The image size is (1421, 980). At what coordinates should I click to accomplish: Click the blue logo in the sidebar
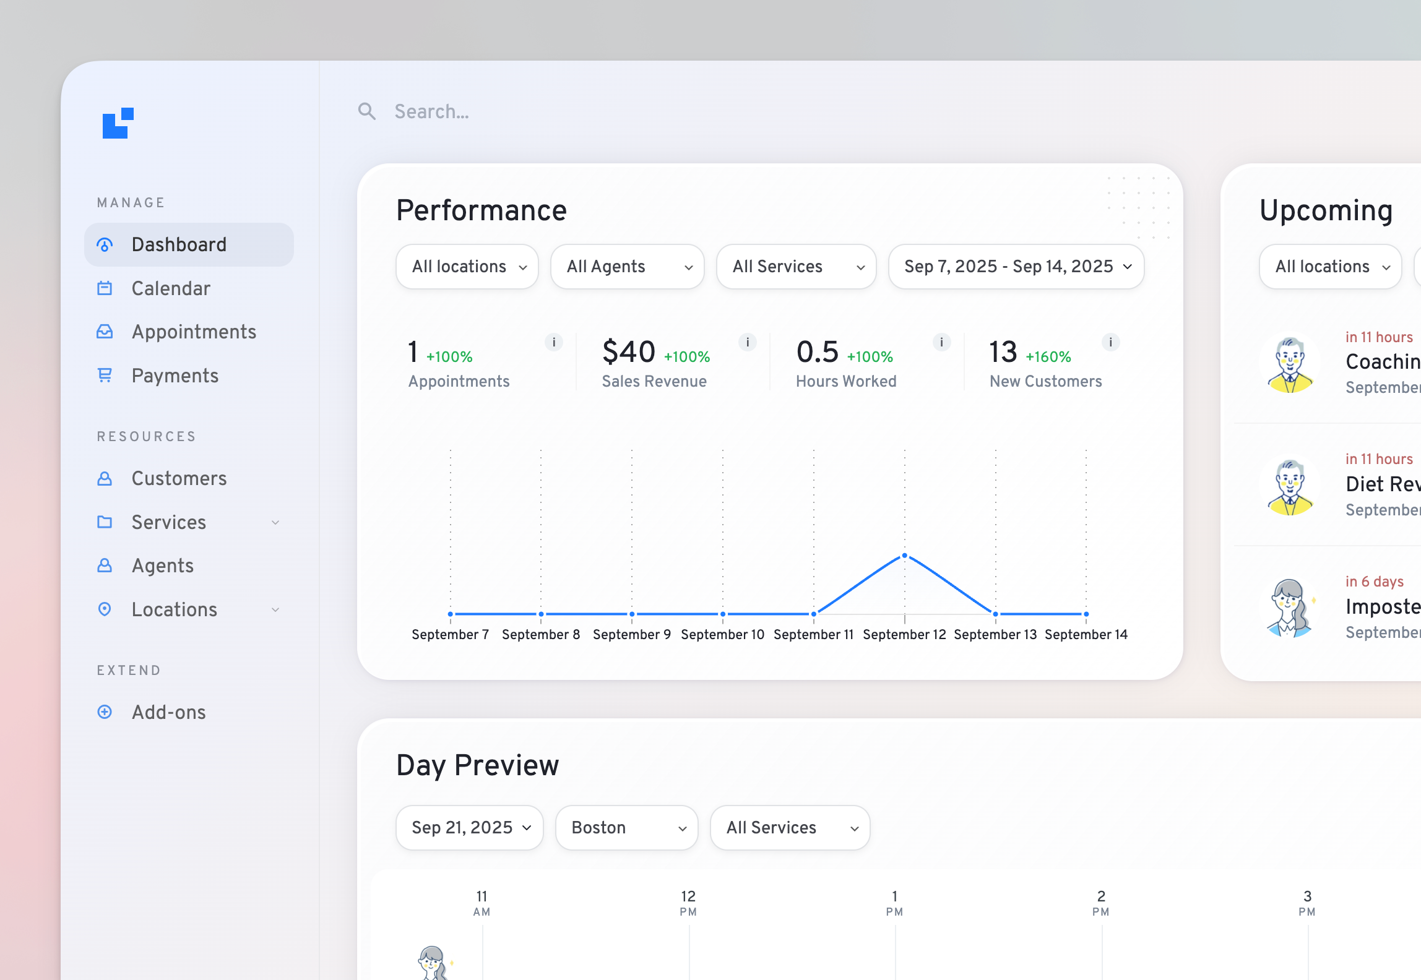[118, 123]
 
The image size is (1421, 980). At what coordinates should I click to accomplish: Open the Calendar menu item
[171, 288]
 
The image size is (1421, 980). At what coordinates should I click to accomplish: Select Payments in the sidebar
[175, 376]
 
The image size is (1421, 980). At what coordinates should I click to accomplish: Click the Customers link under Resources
[179, 478]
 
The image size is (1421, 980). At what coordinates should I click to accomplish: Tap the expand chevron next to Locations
[275, 609]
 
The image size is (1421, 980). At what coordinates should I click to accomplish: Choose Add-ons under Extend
[168, 712]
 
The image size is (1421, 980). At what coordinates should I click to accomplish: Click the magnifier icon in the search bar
[367, 111]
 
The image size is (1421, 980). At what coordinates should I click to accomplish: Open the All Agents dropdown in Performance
[627, 267]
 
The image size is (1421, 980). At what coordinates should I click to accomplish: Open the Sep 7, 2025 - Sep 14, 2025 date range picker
[1016, 267]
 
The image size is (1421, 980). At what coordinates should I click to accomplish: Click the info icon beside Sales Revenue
[748, 342]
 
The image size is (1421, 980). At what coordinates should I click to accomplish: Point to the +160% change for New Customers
[1048, 357]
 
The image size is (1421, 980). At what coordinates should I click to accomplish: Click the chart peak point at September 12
[904, 556]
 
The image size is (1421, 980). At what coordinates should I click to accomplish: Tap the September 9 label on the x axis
[631, 634]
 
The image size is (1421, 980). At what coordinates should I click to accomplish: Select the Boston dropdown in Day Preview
[626, 828]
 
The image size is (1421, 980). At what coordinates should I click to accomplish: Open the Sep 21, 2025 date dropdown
[470, 828]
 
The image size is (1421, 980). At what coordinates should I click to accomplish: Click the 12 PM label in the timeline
[688, 903]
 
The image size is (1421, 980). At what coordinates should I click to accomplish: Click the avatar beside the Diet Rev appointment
[1290, 486]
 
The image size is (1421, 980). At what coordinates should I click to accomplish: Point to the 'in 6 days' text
[1374, 582]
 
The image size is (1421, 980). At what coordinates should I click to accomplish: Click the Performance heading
[481, 210]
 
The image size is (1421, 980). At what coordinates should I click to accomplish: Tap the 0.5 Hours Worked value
[817, 352]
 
